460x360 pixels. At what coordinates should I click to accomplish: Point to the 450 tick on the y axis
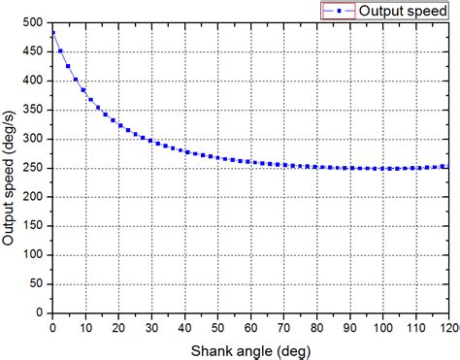(32, 50)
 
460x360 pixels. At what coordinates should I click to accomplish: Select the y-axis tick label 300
(32, 139)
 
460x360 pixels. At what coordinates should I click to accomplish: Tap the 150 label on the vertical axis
(32, 226)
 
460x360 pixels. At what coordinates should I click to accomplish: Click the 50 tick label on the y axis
(35, 284)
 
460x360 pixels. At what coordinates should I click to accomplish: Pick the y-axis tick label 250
(32, 168)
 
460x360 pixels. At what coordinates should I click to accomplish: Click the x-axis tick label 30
(150, 327)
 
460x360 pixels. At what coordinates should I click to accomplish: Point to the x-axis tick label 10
(84, 327)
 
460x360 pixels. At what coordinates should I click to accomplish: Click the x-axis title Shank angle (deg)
(249, 348)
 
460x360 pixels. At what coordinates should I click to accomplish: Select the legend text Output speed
(404, 11)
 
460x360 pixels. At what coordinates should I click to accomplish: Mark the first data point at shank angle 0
(52, 33)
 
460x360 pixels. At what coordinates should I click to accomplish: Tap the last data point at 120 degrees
(446, 166)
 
